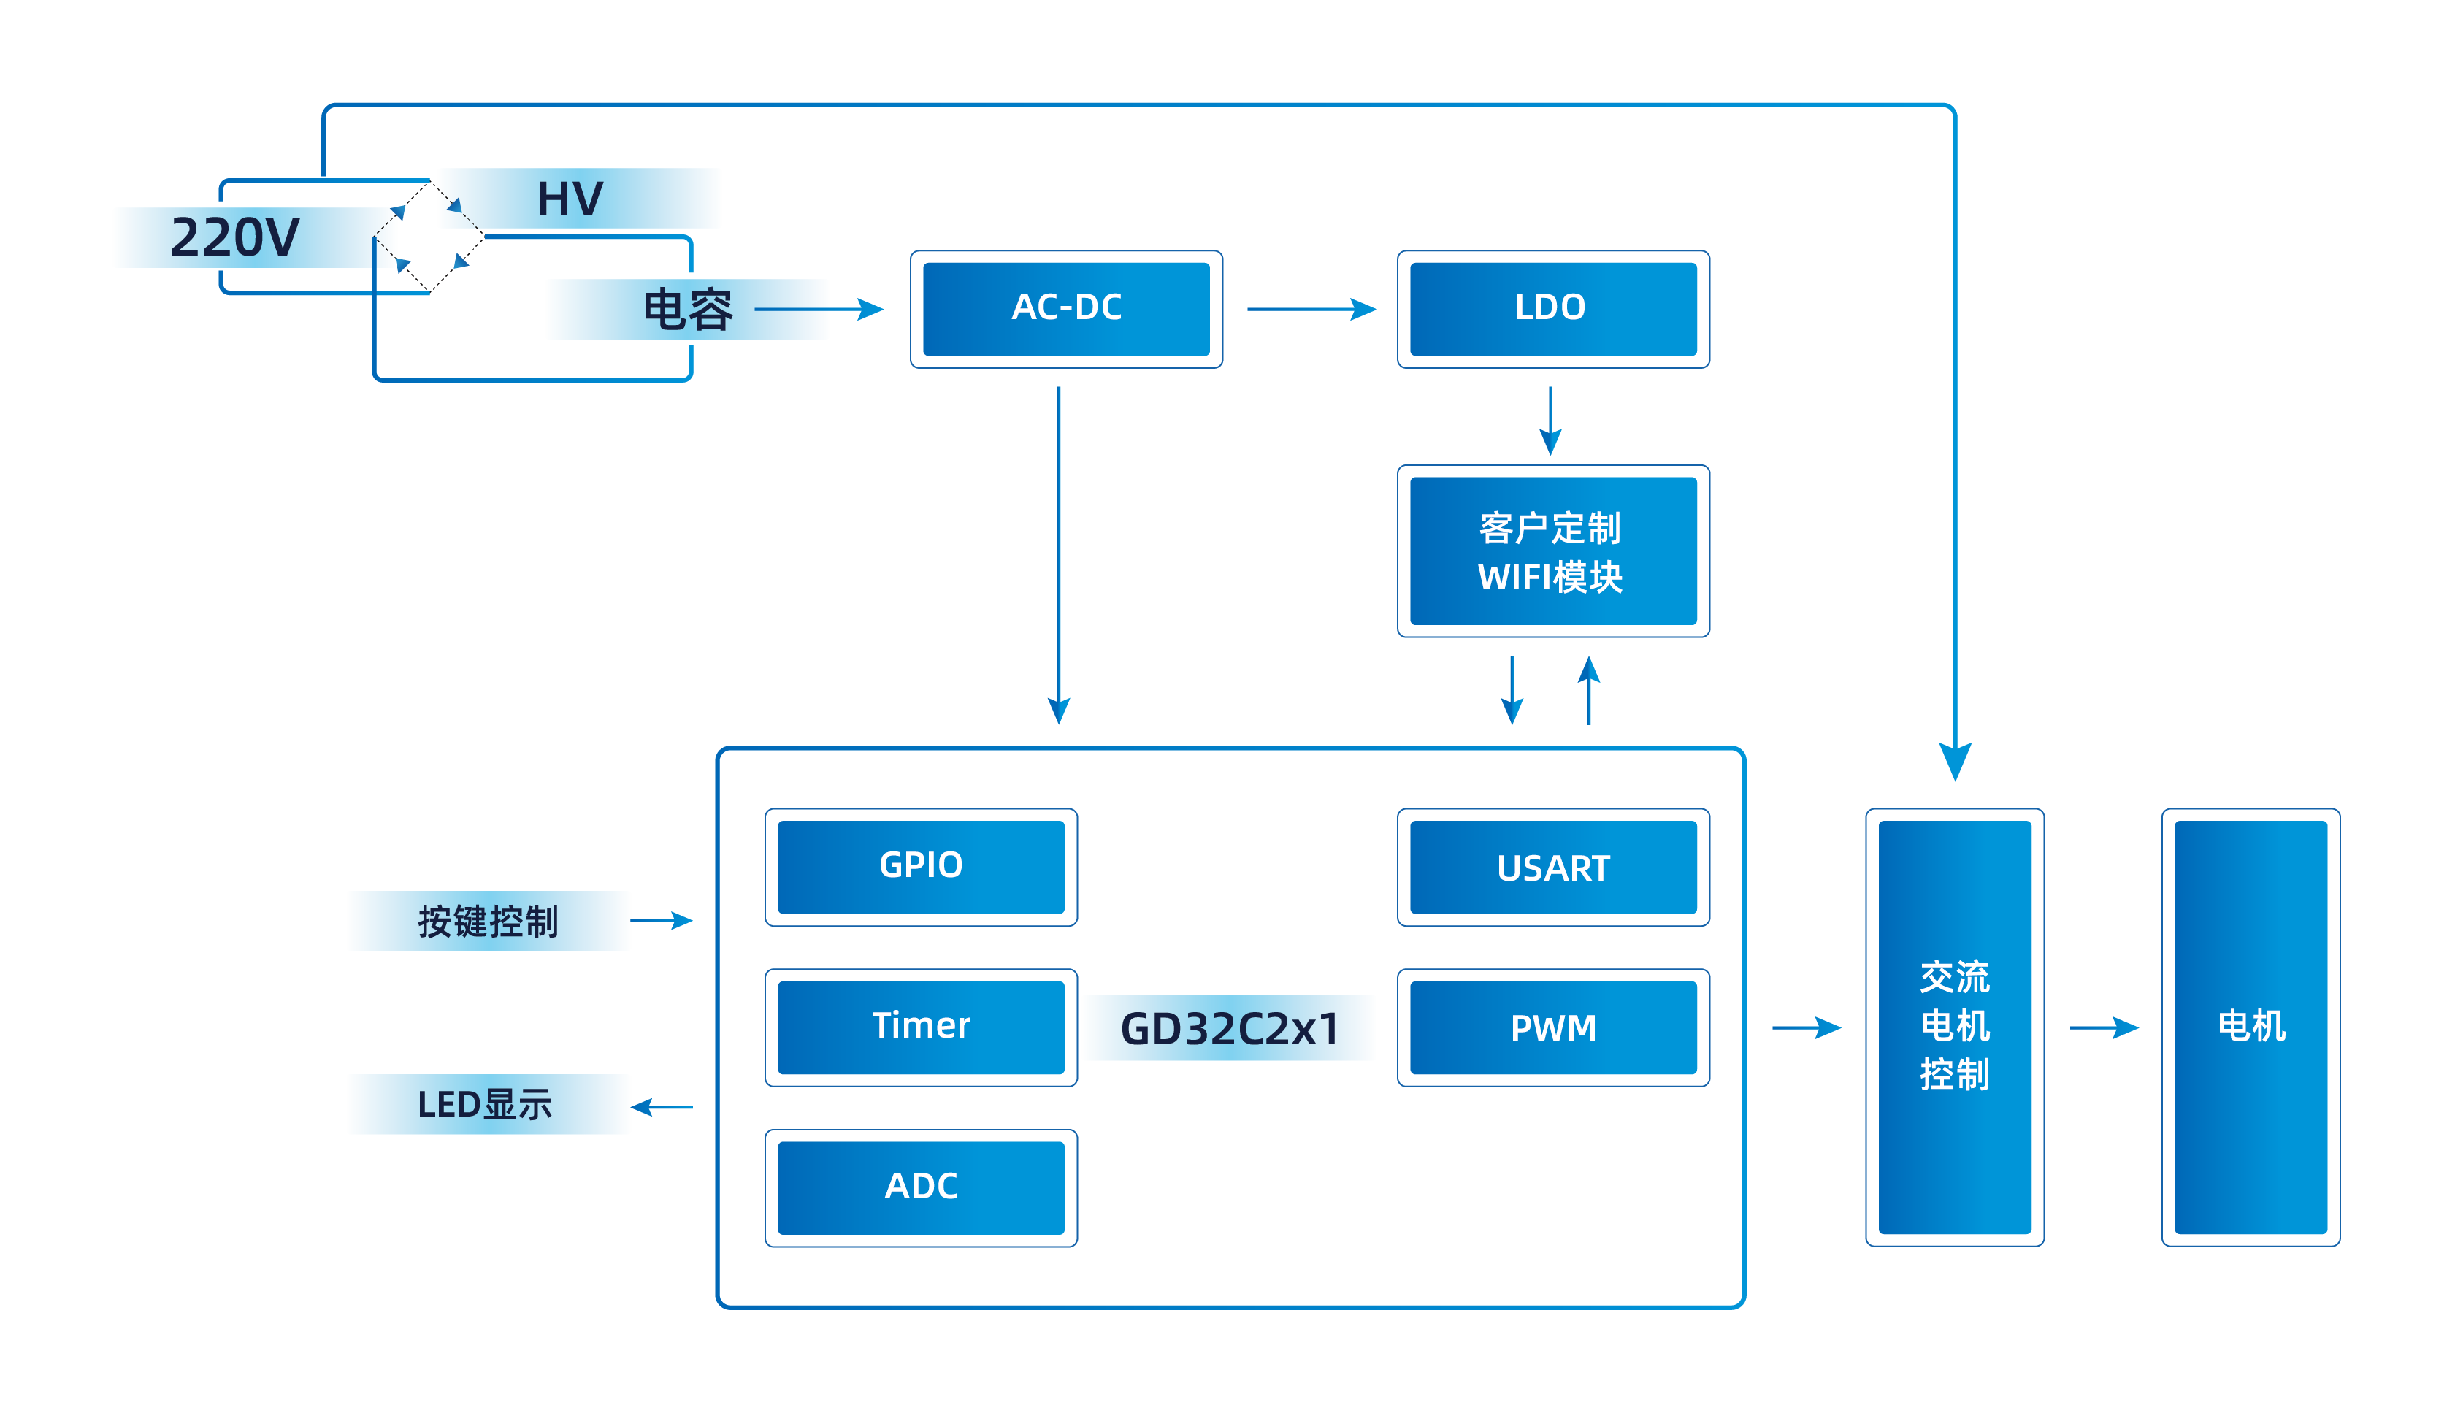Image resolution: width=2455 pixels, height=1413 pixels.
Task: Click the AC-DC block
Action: [1065, 309]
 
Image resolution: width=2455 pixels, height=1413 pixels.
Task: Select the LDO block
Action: [1552, 309]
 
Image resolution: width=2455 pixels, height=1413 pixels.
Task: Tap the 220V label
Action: [236, 238]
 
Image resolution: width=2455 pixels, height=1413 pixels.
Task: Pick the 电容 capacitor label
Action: [687, 310]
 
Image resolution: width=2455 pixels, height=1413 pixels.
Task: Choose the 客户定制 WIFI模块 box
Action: [1552, 551]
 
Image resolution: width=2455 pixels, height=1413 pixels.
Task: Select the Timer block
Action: [920, 1027]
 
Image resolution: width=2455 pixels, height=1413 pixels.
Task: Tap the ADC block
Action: [920, 1187]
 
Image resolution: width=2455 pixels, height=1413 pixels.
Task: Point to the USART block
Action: [1552, 867]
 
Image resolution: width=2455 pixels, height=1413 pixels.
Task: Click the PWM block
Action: [1552, 1027]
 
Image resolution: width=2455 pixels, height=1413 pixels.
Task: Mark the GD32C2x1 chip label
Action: [1228, 1027]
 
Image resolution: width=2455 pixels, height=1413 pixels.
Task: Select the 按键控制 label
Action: [488, 921]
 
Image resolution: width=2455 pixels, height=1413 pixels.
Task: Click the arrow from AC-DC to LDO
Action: [1310, 310]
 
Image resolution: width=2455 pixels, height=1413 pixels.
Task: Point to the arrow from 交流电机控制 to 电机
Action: [2103, 1027]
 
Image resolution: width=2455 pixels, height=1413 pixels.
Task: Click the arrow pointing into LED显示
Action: [663, 1106]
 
